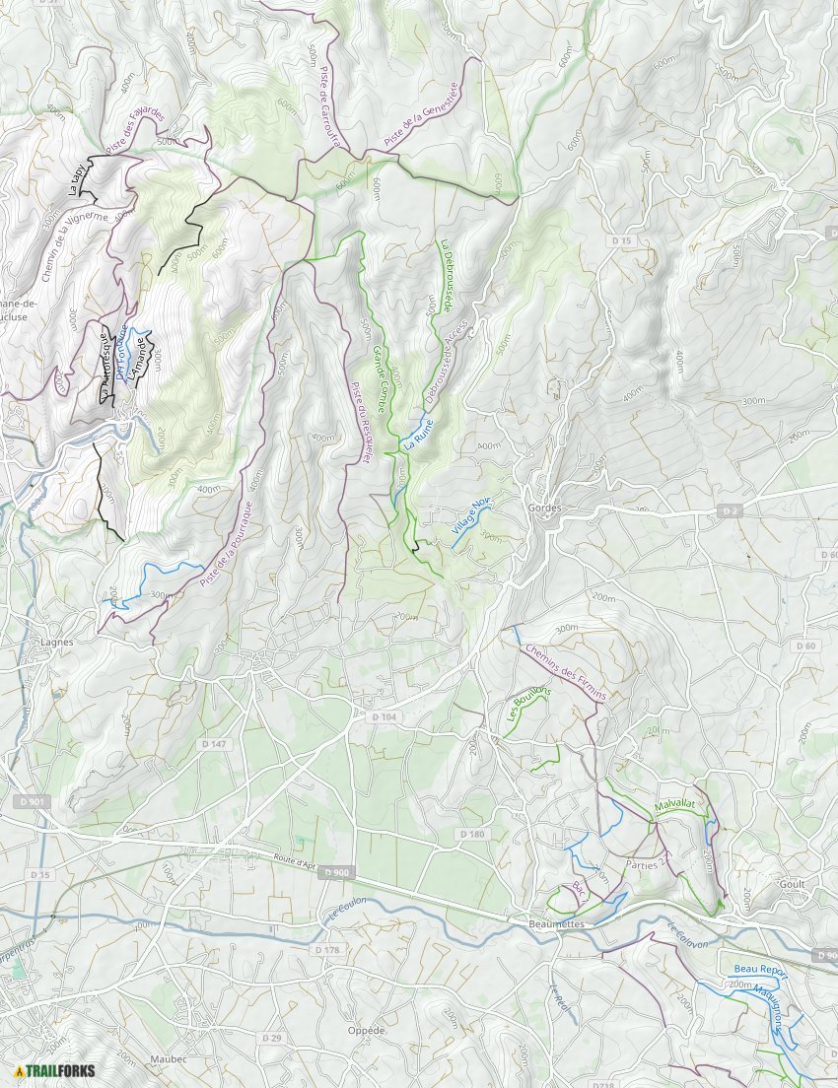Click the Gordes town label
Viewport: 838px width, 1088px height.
tap(544, 509)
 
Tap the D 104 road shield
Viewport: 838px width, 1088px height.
tap(384, 717)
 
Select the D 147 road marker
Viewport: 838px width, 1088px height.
tap(213, 743)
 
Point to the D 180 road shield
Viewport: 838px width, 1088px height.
tap(471, 834)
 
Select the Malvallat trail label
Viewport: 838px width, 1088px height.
tap(674, 805)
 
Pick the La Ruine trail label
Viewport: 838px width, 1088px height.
tap(418, 435)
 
